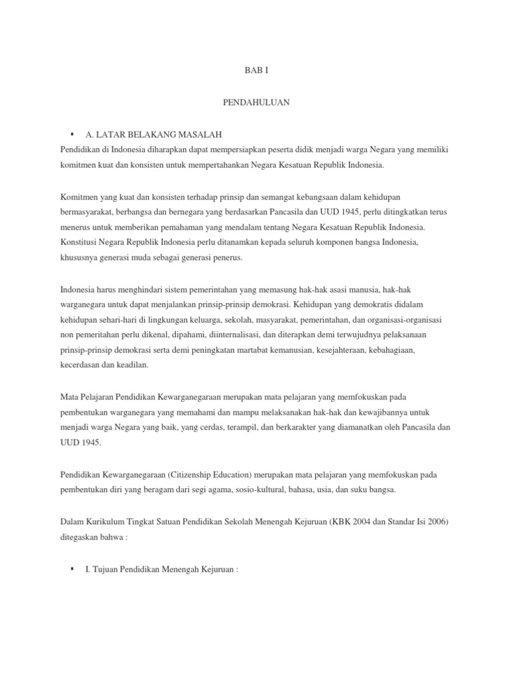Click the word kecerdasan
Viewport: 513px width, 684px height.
[83, 365]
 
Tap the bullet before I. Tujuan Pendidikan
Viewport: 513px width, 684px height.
[71, 568]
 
